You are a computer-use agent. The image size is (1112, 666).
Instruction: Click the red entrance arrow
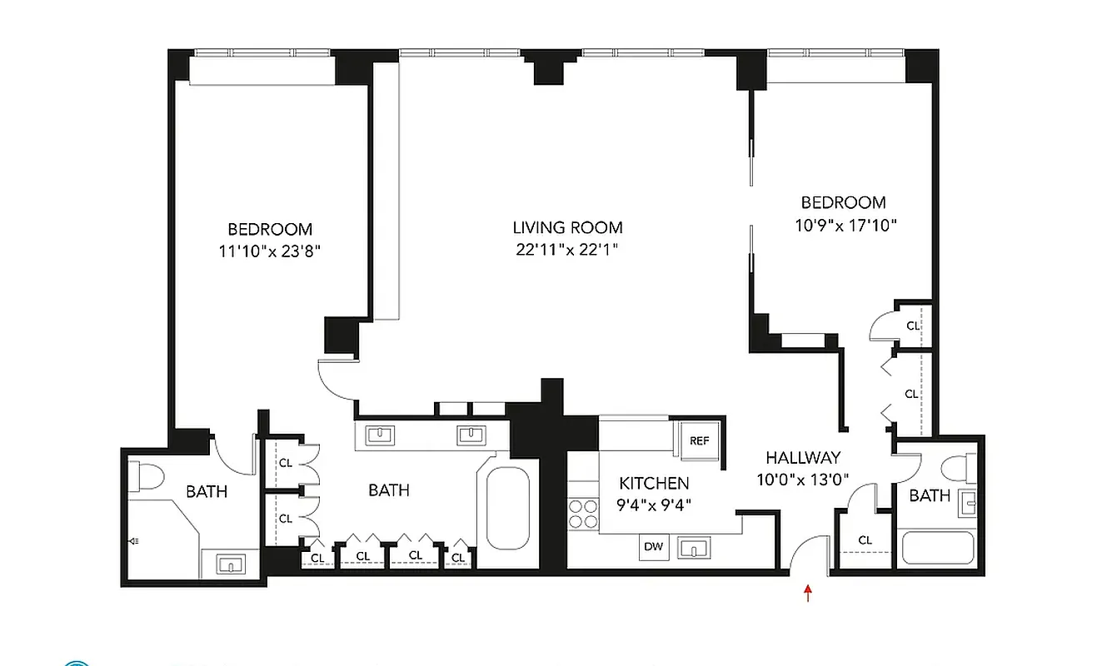click(807, 593)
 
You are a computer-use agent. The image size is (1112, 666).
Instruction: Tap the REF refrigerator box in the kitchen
click(700, 440)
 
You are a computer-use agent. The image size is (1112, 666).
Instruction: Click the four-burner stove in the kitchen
click(582, 513)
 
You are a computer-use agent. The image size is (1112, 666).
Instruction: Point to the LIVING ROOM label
click(567, 227)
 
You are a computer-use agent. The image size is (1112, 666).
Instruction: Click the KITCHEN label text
click(654, 483)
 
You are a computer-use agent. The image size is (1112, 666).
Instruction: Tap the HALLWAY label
click(803, 457)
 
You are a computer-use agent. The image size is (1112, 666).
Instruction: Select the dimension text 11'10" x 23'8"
click(270, 251)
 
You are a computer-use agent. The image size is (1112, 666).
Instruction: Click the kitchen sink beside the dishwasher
click(693, 548)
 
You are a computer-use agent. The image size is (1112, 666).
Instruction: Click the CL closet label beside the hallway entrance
click(865, 540)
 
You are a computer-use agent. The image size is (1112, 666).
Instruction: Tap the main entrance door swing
click(806, 555)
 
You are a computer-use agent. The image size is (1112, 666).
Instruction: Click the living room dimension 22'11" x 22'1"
click(567, 249)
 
